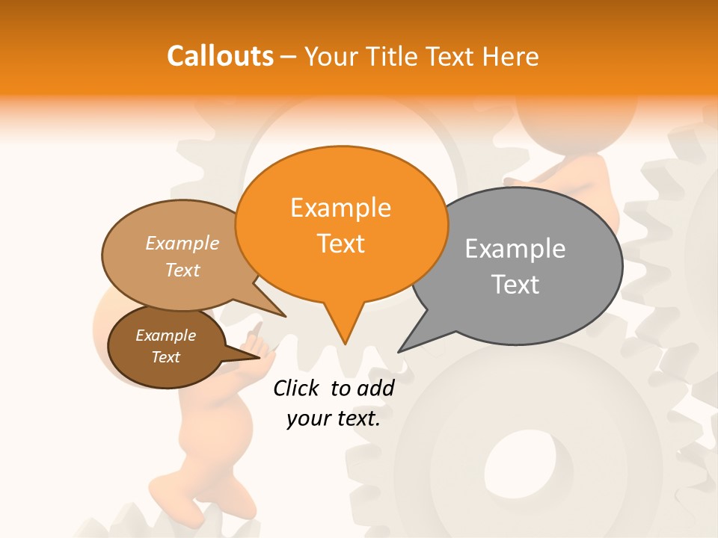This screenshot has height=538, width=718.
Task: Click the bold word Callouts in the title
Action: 220,56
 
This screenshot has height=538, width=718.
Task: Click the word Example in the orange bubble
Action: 340,208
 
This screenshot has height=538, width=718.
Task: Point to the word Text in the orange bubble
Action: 340,244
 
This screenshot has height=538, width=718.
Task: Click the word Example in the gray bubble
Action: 515,249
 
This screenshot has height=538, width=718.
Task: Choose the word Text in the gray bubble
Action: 515,285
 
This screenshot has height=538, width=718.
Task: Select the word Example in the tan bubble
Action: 182,244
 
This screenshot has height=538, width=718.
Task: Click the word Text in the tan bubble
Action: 182,270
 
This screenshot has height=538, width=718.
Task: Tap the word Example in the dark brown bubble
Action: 165,336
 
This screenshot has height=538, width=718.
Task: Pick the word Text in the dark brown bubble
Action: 165,357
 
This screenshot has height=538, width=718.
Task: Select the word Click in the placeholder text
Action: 296,389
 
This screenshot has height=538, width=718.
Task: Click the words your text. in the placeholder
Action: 334,419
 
